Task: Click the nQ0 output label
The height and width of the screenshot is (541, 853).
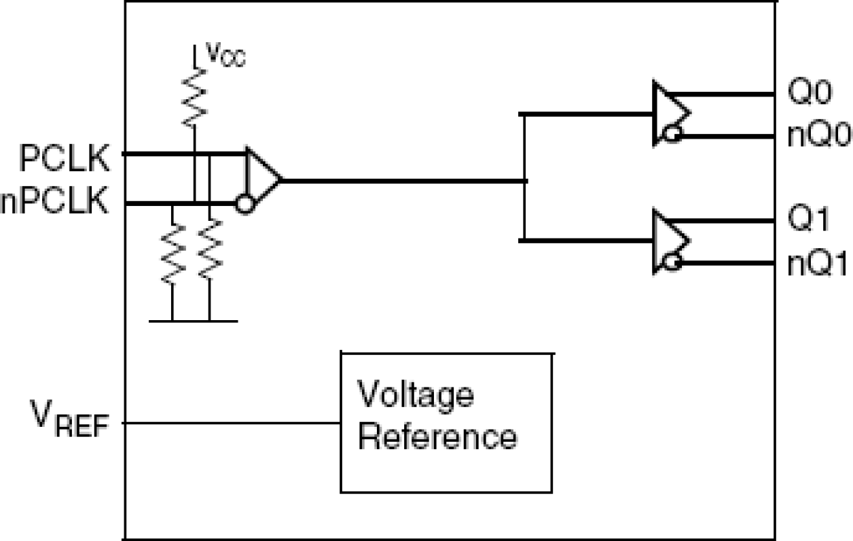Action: tap(818, 136)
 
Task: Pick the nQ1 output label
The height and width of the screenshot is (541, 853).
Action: tap(818, 264)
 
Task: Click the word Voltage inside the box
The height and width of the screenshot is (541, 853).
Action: tap(415, 395)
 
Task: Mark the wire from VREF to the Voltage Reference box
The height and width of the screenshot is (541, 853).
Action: tap(231, 423)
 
